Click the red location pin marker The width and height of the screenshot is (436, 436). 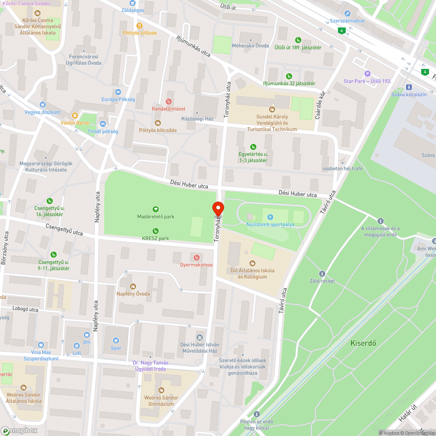tap(218, 209)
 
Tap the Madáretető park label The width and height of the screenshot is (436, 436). tap(156, 217)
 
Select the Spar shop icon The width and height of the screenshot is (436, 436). tap(116, 341)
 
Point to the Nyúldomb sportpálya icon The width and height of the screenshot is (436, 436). tap(270, 217)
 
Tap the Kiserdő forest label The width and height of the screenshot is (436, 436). tap(363, 343)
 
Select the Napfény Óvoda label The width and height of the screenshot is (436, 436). tap(133, 294)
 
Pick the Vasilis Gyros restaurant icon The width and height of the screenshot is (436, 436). tap(75, 116)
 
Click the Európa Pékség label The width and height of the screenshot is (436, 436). tap(118, 99)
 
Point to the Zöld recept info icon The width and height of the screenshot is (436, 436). tap(322, 274)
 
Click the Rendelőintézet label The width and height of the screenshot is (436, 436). tap(168, 109)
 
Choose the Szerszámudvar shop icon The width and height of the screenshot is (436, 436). tap(347, 14)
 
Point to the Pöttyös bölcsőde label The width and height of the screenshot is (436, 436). tap(157, 130)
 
